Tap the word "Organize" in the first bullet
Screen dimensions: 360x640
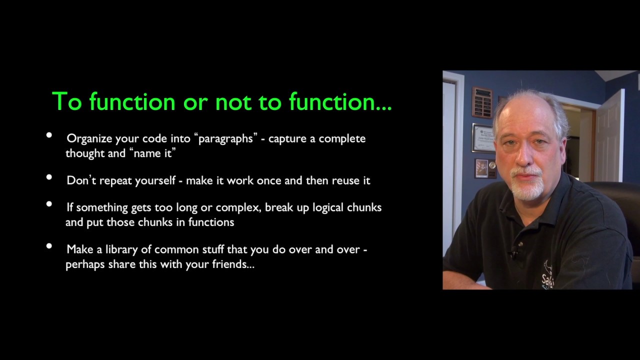pyautogui.click(x=89, y=139)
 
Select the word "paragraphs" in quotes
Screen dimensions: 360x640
pyautogui.click(x=225, y=139)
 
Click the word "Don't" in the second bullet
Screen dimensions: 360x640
pyautogui.click(x=81, y=180)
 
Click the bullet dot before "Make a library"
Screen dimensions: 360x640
pyautogui.click(x=49, y=246)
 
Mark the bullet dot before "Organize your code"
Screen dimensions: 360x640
pyautogui.click(x=49, y=135)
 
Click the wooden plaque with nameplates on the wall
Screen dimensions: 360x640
pyautogui.click(x=482, y=102)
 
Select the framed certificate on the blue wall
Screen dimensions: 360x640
pyautogui.click(x=483, y=138)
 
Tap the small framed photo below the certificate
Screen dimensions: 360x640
pyautogui.click(x=481, y=168)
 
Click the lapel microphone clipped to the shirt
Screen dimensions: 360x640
pyautogui.click(x=513, y=253)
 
